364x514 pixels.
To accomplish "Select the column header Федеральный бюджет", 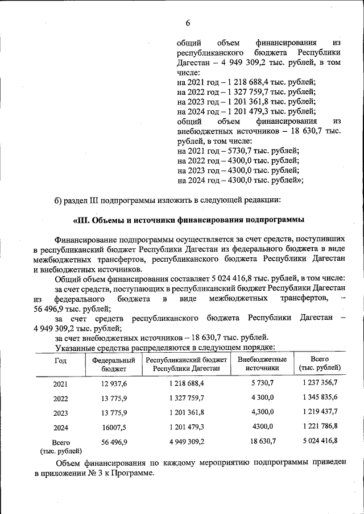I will pos(114,364).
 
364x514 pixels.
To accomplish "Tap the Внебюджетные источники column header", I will pos(262,364).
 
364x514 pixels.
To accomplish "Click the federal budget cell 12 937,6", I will pos(114,384).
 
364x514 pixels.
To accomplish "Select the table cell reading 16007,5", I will pos(114,427).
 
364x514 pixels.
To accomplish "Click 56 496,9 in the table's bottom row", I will pos(114,441).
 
